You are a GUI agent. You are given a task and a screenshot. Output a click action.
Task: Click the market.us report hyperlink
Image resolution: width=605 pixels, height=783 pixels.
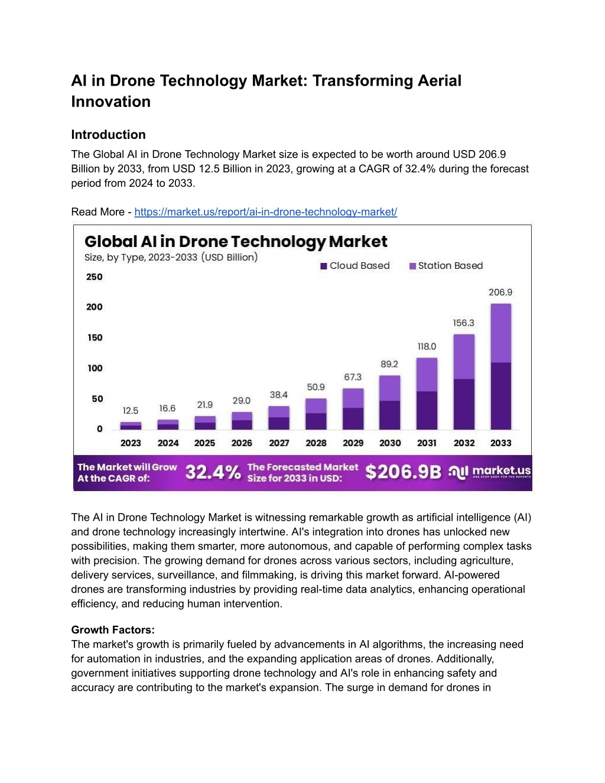(266, 212)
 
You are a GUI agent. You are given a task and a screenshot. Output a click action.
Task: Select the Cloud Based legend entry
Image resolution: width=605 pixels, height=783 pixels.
(355, 265)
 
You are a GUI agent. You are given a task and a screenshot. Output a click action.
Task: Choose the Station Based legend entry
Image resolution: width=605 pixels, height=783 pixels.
(446, 265)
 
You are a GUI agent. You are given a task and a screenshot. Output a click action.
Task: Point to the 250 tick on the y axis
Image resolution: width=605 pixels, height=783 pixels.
(95, 277)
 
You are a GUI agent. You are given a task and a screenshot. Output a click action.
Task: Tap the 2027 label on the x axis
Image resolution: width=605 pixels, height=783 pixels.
(279, 443)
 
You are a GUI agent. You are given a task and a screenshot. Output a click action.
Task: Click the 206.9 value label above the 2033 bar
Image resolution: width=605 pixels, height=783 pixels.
(500, 293)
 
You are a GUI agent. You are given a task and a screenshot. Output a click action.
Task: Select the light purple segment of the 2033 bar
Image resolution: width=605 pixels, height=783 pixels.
(501, 333)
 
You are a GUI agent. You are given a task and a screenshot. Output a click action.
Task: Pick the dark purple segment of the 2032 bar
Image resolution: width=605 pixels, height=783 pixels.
(464, 404)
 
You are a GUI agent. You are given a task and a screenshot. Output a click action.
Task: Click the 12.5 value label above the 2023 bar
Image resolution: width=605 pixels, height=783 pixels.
(131, 411)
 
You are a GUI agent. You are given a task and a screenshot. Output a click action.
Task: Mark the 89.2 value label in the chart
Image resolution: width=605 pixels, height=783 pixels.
(389, 364)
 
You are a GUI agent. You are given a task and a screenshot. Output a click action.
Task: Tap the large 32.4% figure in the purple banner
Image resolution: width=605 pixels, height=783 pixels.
(213, 472)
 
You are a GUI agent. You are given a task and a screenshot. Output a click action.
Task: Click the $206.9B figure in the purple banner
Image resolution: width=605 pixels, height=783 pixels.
(403, 472)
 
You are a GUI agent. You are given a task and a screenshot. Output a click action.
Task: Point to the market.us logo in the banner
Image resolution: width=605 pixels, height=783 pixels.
(490, 472)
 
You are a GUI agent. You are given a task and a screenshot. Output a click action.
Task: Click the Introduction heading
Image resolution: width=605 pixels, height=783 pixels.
(108, 135)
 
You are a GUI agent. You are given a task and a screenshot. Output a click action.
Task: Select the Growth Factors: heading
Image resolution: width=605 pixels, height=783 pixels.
(113, 629)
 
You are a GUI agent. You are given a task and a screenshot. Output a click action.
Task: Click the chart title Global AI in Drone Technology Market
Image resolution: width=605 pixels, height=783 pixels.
(236, 242)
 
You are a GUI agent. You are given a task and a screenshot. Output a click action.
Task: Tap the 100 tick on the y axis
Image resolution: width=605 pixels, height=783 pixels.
(95, 368)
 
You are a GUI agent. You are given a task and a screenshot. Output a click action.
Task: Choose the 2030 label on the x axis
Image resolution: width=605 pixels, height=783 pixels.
(390, 443)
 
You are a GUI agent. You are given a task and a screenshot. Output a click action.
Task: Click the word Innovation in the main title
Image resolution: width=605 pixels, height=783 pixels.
(111, 102)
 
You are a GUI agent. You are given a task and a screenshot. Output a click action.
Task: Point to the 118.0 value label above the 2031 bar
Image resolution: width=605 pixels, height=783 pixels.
(427, 346)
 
